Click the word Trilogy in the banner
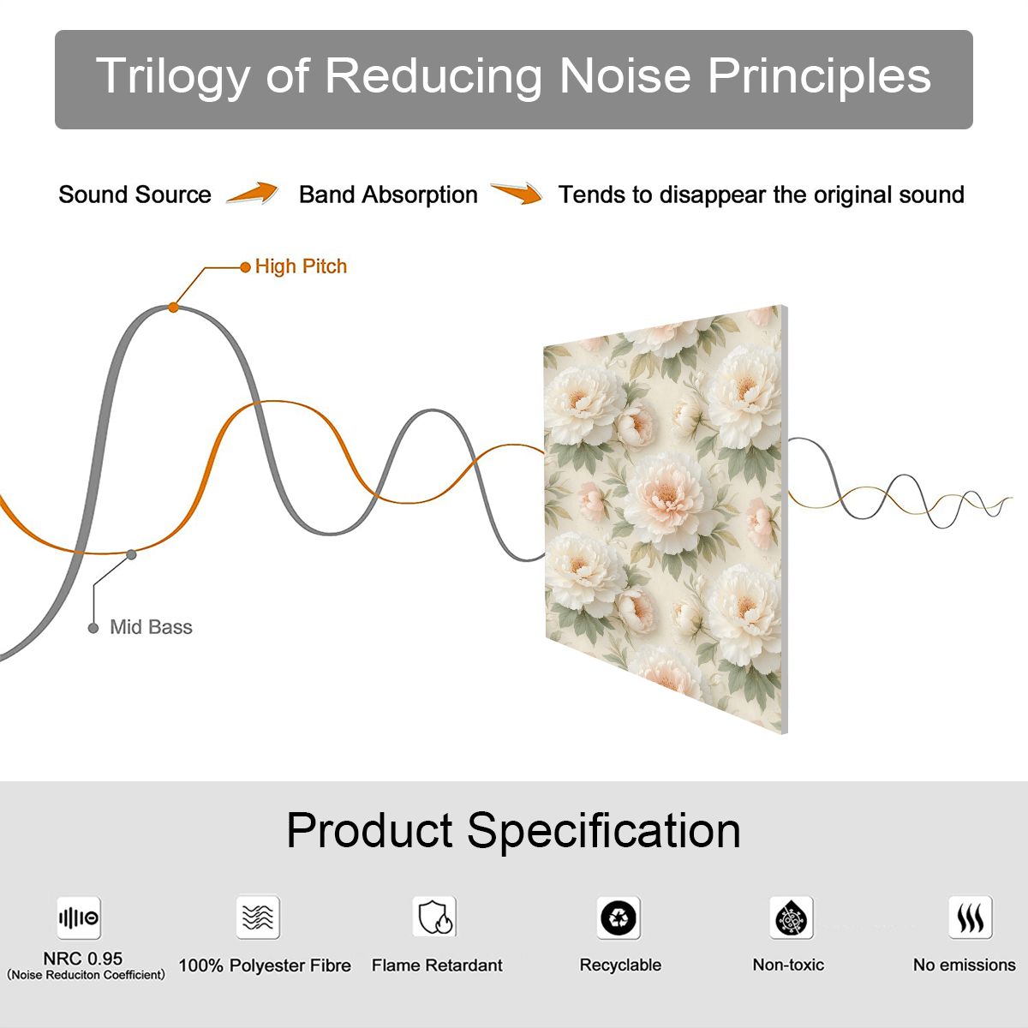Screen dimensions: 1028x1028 tap(173, 77)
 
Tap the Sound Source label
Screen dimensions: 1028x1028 tap(135, 194)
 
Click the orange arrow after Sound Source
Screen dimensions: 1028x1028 tap(253, 193)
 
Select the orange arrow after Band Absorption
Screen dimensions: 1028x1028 tap(517, 193)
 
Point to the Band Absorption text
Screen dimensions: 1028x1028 tap(388, 195)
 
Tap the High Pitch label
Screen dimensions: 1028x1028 tap(301, 266)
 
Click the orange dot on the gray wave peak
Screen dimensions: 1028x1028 tap(173, 308)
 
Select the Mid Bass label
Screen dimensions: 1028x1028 tap(151, 627)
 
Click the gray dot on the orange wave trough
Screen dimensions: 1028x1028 tap(131, 555)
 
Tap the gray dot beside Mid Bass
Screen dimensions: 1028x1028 tap(93, 629)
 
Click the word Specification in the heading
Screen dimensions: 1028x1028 tap(604, 831)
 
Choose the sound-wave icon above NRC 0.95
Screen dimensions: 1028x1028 tap(79, 917)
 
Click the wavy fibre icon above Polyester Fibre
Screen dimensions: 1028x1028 tap(258, 917)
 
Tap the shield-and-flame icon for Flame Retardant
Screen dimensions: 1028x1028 tap(435, 917)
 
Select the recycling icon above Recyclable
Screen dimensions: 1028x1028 tap(619, 917)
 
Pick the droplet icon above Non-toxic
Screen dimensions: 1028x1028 tap(792, 917)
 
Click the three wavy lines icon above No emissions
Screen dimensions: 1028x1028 tap(971, 917)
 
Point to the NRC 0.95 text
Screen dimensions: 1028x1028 tap(83, 959)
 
